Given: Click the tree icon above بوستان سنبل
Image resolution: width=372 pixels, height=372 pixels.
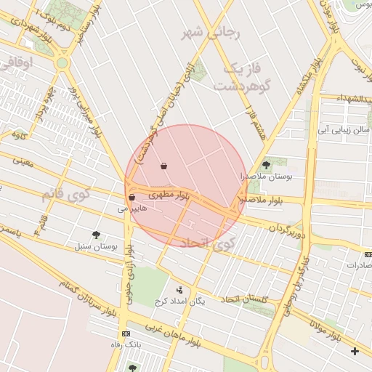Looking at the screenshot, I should coord(96,234).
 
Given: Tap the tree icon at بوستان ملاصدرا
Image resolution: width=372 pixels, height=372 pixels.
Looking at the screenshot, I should coord(265,165).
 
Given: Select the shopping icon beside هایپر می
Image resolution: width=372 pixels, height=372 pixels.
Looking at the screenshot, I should coord(132,197).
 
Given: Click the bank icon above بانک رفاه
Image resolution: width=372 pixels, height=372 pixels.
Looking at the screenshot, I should coord(128,333).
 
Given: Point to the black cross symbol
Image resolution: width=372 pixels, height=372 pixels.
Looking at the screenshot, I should coord(355,352).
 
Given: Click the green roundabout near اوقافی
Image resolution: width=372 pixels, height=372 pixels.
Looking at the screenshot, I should coord(62,63).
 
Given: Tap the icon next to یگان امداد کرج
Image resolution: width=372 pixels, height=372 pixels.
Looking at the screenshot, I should coord(179,290).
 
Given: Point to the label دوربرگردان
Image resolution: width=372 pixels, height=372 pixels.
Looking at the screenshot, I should coord(277,230).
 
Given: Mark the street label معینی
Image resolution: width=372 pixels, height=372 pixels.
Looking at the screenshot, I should coord(23,161).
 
